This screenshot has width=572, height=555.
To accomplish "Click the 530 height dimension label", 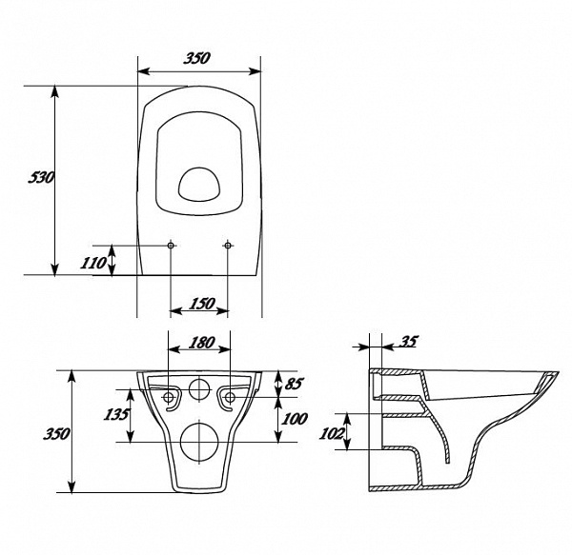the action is click(x=41, y=177).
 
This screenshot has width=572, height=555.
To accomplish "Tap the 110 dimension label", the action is click(x=93, y=263).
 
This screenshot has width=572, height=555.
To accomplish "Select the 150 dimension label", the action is click(x=202, y=304).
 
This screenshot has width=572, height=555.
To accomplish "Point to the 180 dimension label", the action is click(x=202, y=343).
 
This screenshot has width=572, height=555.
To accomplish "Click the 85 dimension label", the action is click(x=294, y=384).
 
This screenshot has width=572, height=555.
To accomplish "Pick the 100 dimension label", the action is click(x=295, y=419).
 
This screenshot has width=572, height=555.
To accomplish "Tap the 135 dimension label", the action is click(x=116, y=414).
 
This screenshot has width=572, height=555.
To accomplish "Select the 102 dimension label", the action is click(x=331, y=433).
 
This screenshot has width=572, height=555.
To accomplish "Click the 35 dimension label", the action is click(x=408, y=342).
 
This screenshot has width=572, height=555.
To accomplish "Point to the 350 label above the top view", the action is click(x=197, y=58).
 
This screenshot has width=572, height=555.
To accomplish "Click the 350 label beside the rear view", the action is click(x=56, y=434).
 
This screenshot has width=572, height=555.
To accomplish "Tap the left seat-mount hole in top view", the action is click(x=171, y=246).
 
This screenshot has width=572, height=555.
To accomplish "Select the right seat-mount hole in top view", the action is click(x=228, y=246).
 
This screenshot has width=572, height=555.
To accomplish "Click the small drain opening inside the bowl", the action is click(x=199, y=185).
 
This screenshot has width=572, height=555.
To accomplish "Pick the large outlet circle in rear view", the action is click(x=199, y=442).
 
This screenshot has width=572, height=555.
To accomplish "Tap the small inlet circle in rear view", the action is click(x=199, y=389).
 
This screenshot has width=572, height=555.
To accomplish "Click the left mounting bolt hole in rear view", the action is click(x=169, y=397).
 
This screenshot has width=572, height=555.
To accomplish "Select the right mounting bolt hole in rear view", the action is click(x=230, y=397).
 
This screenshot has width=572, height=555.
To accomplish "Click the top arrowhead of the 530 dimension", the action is click(x=54, y=91).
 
